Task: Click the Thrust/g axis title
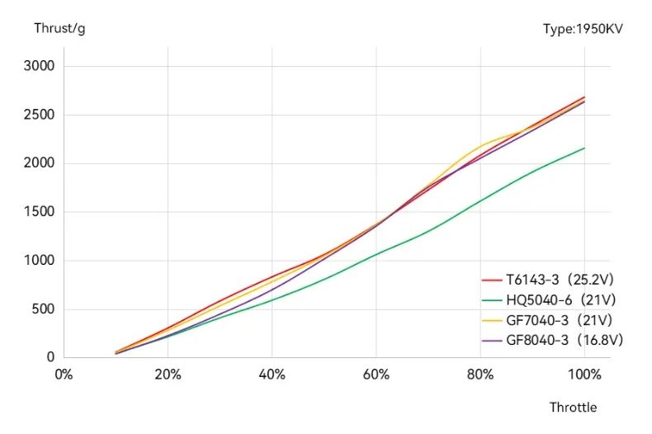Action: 59,29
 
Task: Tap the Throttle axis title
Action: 573,407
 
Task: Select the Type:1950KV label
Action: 583,29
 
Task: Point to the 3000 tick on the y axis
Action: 38,66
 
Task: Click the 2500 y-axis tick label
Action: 38,115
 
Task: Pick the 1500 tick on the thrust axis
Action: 38,212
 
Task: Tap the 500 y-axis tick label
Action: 41,309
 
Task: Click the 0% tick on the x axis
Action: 64,374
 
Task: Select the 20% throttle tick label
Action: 168,374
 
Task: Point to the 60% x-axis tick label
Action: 376,374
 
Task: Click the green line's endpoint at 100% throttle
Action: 584,149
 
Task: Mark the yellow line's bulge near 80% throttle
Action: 480,147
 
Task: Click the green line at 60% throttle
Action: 376,253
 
